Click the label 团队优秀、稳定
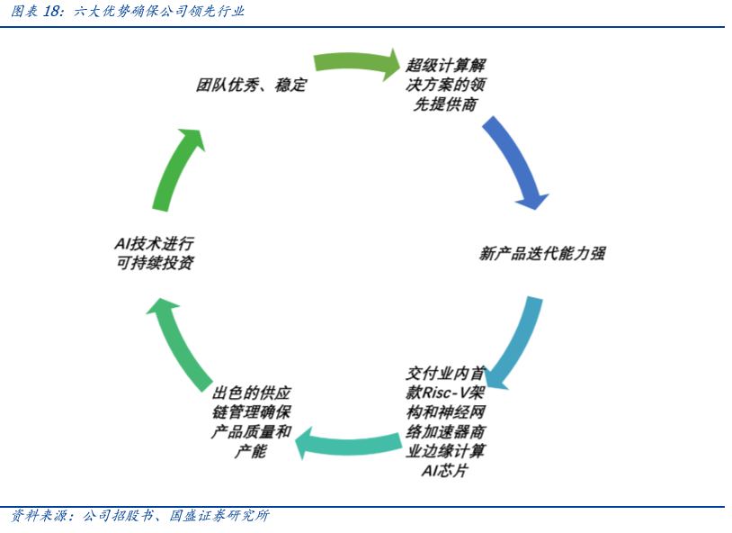[252, 86]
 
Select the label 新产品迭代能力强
[541, 254]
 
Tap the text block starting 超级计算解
[445, 86]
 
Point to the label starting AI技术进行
[154, 253]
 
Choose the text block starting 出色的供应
[252, 422]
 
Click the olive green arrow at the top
[356, 63]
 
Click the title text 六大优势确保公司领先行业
[158, 12]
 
